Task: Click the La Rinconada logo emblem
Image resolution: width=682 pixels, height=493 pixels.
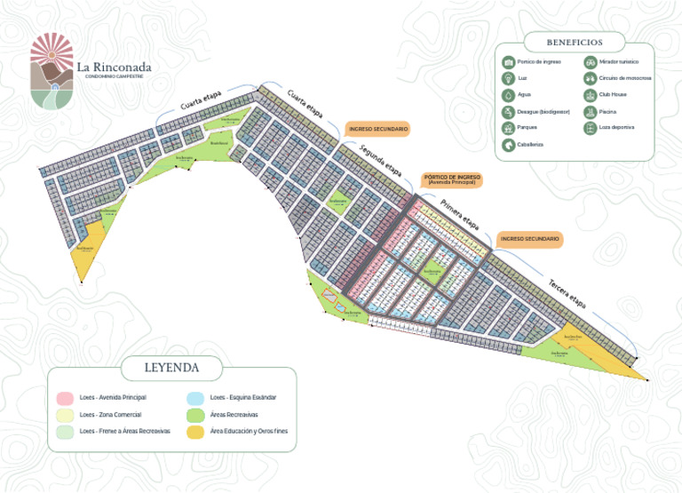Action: click(52, 70)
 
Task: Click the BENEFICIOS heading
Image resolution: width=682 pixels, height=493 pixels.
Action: click(575, 42)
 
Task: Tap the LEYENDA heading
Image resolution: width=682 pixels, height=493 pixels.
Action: click(171, 367)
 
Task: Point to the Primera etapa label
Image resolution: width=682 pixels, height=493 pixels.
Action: click(459, 216)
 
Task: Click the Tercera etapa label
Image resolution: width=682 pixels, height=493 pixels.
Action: click(567, 292)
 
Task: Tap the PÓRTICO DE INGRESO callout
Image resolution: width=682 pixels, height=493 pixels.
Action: click(452, 179)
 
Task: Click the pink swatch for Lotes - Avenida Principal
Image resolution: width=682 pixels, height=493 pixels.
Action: click(64, 397)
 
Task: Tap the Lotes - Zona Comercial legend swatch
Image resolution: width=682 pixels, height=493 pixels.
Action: click(64, 414)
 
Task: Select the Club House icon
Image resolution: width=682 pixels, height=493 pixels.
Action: click(591, 95)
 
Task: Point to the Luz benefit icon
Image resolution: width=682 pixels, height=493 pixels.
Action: click(509, 79)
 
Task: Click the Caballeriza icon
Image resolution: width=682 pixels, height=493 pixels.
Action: click(509, 144)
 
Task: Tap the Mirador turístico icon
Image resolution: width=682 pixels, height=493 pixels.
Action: click(591, 62)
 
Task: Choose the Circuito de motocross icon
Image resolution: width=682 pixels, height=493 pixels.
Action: click(591, 79)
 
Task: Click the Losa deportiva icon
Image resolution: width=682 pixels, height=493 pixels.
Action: click(591, 128)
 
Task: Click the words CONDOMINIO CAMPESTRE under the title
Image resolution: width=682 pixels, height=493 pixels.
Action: click(112, 76)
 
